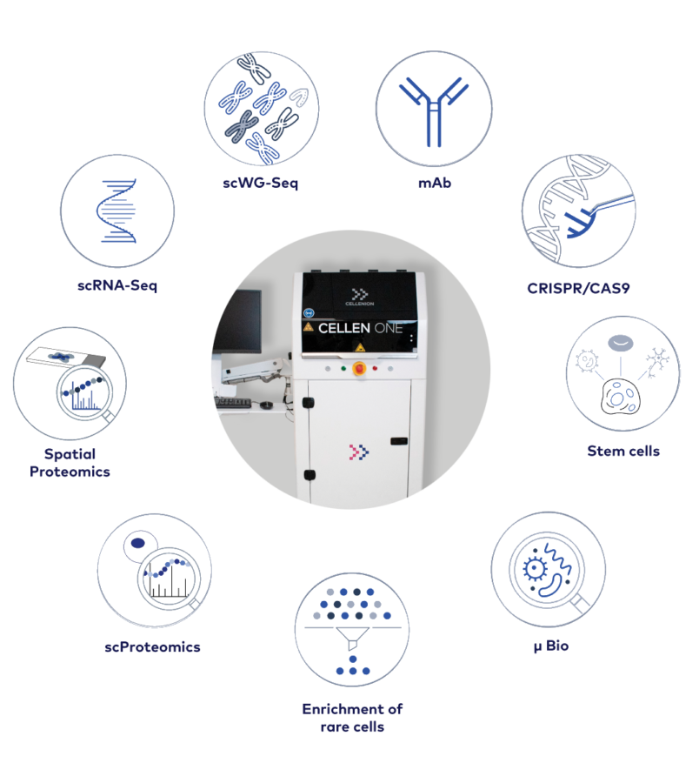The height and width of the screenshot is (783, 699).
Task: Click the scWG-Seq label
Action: [260, 184]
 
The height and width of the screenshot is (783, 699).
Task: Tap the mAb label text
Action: [435, 184]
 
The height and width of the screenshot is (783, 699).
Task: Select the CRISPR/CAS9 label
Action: [578, 288]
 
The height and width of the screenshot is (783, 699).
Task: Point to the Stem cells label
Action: [623, 451]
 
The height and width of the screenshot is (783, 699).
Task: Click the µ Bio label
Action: [551, 646]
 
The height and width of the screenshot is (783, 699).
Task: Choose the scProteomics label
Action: [152, 647]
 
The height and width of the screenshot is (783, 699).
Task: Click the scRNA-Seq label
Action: [117, 285]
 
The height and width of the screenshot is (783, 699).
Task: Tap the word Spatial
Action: [70, 454]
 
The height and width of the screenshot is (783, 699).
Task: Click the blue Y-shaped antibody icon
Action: [434, 111]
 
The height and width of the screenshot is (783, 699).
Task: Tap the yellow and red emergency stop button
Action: [359, 369]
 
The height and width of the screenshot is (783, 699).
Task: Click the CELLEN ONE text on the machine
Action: [360, 328]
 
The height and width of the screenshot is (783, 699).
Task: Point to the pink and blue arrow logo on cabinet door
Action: [359, 452]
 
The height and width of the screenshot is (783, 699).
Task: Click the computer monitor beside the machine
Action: [238, 320]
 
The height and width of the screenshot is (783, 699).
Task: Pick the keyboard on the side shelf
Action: [233, 403]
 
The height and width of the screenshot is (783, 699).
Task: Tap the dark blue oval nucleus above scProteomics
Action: [137, 543]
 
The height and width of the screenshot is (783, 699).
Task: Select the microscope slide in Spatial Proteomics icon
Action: [66, 357]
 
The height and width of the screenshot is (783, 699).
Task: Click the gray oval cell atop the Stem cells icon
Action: [620, 343]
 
